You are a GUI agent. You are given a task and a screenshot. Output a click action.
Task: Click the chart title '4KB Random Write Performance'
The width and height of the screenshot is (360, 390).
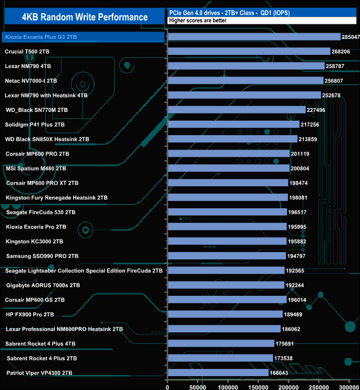point(85,17)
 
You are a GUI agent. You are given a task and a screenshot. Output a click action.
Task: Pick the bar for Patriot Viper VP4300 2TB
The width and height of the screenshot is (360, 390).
point(218,373)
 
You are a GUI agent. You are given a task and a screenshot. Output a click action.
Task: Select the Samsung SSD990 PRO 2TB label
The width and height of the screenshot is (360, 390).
point(42,256)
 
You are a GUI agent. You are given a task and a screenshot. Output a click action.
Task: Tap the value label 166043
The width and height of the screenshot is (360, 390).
point(280,373)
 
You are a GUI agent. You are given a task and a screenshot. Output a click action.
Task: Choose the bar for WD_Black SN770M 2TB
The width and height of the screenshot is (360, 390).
point(236,110)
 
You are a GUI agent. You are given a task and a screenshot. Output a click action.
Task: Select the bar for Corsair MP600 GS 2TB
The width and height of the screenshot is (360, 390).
point(227,300)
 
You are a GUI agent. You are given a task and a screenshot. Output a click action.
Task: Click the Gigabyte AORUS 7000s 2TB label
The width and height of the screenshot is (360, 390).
point(43,285)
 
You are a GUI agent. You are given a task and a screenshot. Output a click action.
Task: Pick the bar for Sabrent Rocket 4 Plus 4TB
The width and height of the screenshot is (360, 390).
point(221,343)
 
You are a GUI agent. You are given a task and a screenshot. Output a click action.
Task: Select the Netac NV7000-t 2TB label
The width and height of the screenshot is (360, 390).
point(31,81)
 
